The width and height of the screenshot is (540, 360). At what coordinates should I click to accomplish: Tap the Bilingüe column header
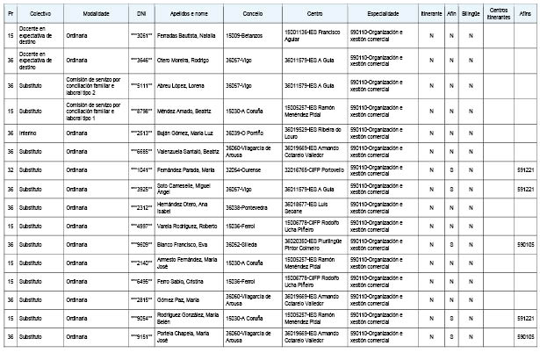point(471,16)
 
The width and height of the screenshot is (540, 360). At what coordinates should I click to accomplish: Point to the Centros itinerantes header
point(499,16)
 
